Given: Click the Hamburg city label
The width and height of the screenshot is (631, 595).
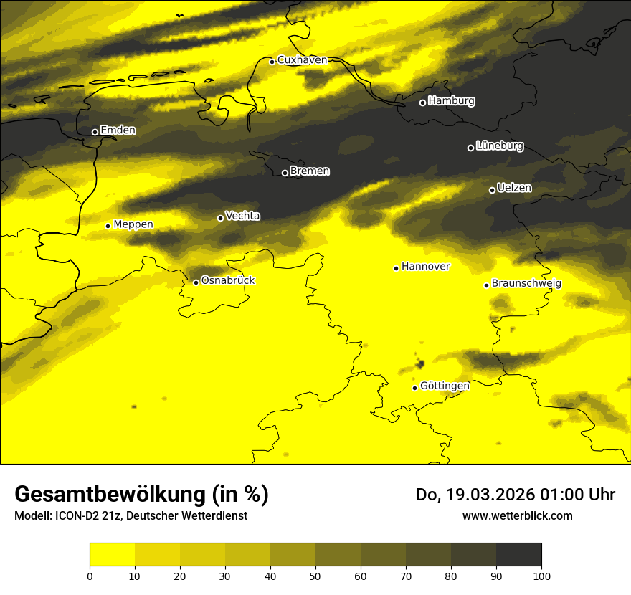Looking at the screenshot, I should [x=451, y=101].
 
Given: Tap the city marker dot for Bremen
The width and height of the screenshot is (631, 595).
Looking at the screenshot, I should [x=285, y=173].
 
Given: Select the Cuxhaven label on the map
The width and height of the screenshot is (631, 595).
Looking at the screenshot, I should [x=302, y=60].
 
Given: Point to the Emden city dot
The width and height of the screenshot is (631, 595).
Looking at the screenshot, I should [x=95, y=132].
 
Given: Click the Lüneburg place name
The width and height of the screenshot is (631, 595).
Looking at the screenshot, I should [x=499, y=146].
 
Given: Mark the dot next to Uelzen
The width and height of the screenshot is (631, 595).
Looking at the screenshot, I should [x=492, y=190].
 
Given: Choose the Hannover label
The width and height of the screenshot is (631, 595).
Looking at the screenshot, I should [x=425, y=267].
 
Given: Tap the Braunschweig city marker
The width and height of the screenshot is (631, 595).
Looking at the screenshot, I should [x=486, y=285].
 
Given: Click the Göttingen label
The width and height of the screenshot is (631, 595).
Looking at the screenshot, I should [x=445, y=386].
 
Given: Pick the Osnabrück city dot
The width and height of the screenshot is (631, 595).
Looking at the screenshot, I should [x=196, y=282].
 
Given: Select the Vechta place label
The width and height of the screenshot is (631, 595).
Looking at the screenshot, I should [x=242, y=216].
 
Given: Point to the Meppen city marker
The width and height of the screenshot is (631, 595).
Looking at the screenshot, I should [x=108, y=226].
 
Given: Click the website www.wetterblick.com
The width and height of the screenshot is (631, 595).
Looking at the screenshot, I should [x=517, y=515].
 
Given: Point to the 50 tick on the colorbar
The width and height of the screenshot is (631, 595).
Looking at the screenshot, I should [x=315, y=576].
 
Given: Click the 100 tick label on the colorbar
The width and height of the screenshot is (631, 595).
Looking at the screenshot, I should [x=541, y=576].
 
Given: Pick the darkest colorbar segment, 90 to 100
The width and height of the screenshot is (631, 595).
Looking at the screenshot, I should [x=518, y=554].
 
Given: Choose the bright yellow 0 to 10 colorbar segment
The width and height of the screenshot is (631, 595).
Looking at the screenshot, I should [x=112, y=554].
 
